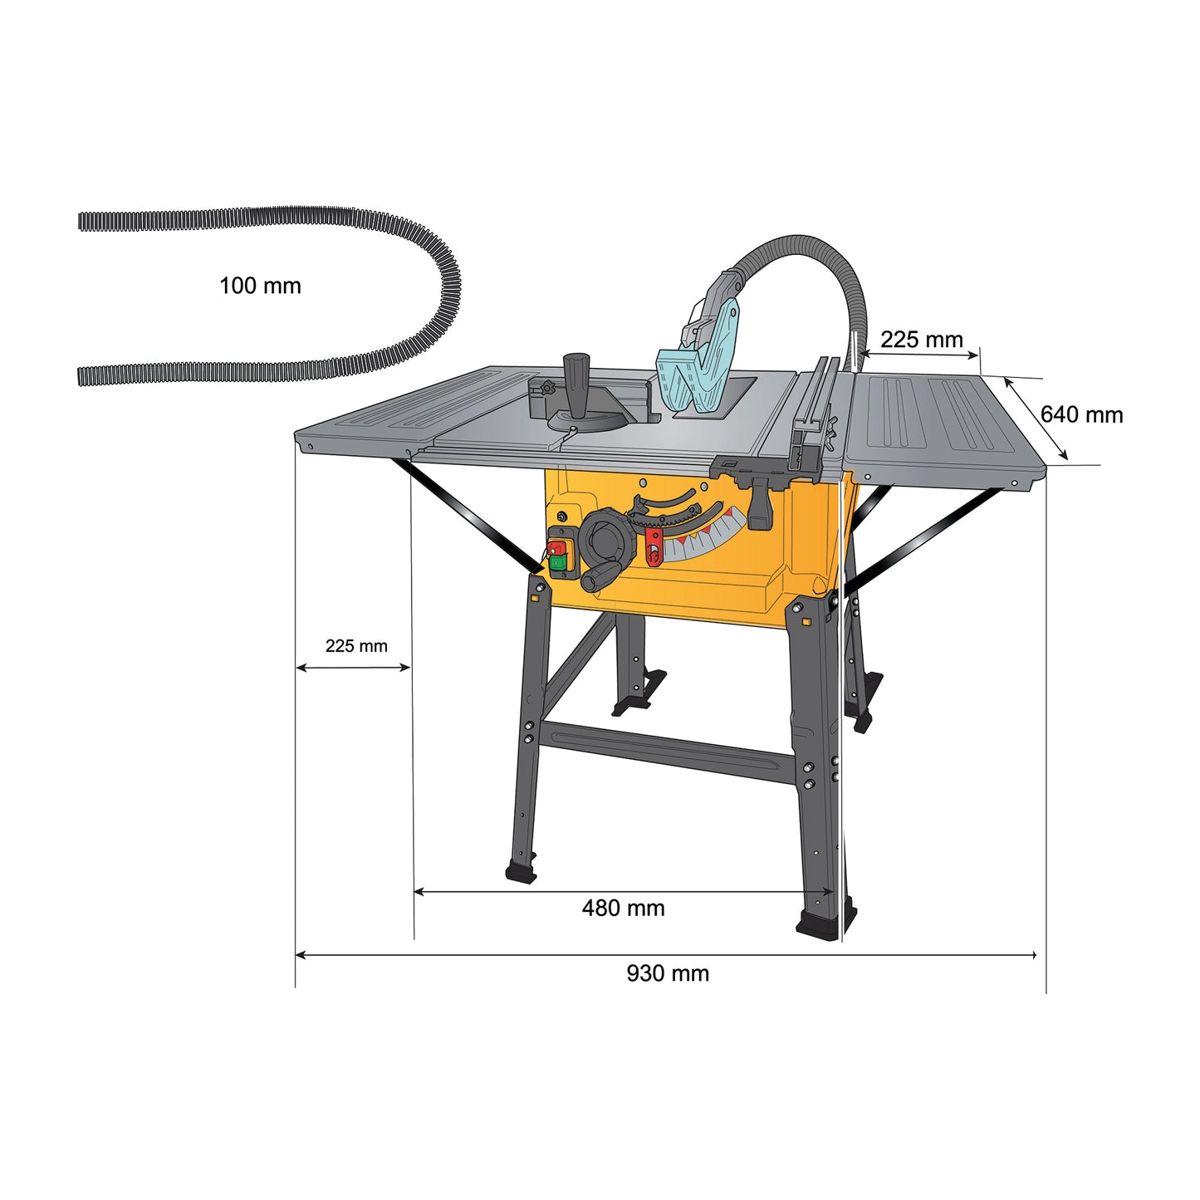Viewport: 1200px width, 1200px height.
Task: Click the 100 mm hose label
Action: tap(260, 287)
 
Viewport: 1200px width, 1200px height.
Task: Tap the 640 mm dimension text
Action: tap(1081, 414)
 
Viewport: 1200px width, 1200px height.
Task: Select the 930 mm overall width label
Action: tap(668, 973)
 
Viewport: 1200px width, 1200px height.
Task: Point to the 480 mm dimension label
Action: tap(623, 909)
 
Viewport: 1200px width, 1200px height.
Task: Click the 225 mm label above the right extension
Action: tap(921, 340)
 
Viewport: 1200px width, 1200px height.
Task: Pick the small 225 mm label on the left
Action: tap(356, 646)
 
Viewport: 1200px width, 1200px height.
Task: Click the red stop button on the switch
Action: tap(556, 548)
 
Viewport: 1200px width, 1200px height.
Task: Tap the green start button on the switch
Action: tap(557, 565)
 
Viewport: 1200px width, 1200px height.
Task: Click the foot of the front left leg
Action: tap(521, 872)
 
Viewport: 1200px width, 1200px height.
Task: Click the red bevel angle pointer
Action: tap(654, 547)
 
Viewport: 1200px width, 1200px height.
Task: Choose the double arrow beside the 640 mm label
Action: tap(1036, 419)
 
